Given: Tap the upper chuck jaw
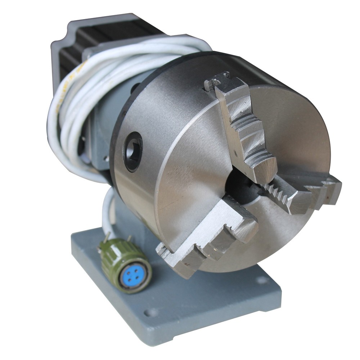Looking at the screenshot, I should pyautogui.click(x=245, y=130).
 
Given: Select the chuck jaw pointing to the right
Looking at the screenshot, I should pyautogui.click(x=302, y=191).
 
